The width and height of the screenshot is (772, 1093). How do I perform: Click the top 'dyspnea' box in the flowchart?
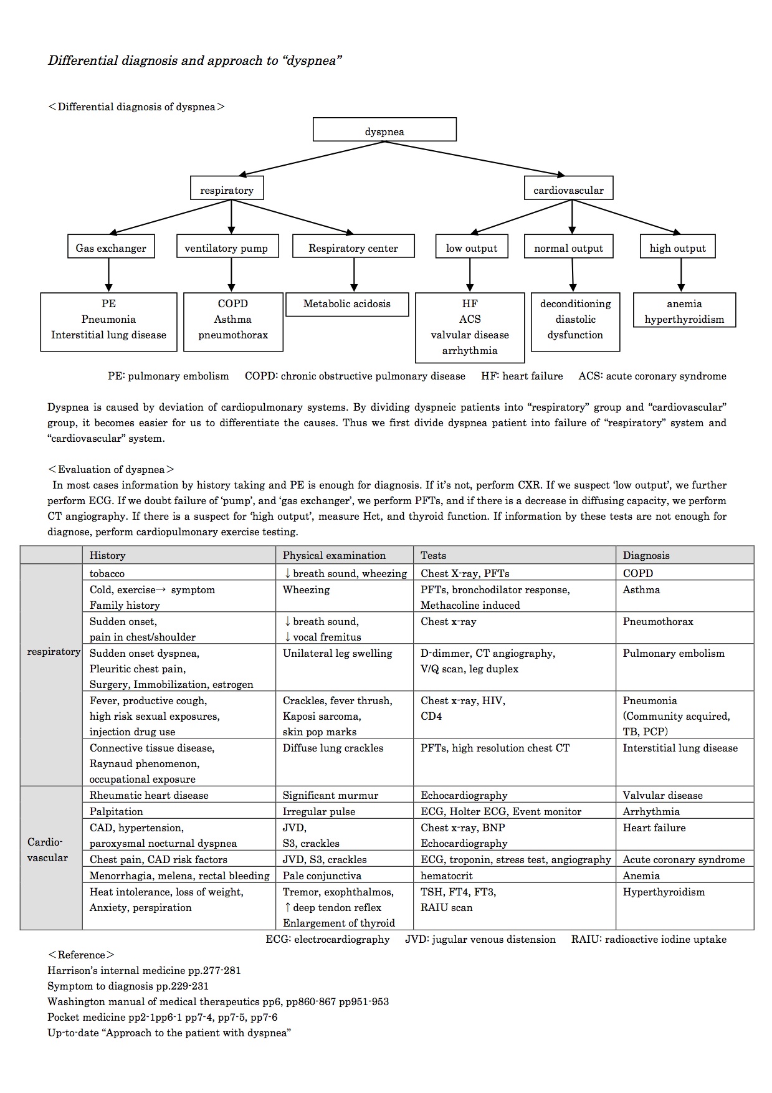(x=384, y=130)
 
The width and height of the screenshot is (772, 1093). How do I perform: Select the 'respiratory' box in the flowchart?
(x=227, y=188)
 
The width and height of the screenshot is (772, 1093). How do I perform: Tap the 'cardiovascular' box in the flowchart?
(x=568, y=188)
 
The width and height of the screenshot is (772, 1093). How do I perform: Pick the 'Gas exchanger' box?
(x=111, y=246)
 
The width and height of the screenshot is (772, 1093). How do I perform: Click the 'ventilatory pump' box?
(x=227, y=246)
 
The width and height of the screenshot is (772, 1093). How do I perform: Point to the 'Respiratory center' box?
(x=353, y=246)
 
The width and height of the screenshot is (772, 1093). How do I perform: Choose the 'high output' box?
(x=678, y=246)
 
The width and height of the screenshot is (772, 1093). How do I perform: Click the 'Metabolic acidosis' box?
(x=347, y=304)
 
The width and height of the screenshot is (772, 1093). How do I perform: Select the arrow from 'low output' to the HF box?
(x=470, y=275)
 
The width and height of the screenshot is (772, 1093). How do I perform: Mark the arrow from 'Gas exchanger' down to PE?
(x=109, y=275)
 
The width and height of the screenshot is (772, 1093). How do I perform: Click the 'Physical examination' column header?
(x=334, y=555)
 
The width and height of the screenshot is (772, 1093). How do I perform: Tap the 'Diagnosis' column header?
(x=646, y=555)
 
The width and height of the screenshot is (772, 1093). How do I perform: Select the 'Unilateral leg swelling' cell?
(x=337, y=653)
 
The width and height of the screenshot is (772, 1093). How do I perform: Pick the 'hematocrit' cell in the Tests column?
(x=446, y=876)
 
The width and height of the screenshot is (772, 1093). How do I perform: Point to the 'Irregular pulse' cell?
(x=318, y=811)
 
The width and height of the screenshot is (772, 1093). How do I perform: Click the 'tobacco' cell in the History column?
(x=107, y=573)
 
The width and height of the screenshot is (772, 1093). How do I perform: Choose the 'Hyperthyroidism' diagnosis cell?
(x=664, y=892)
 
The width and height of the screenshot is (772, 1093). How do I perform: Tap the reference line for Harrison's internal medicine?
(x=144, y=970)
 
